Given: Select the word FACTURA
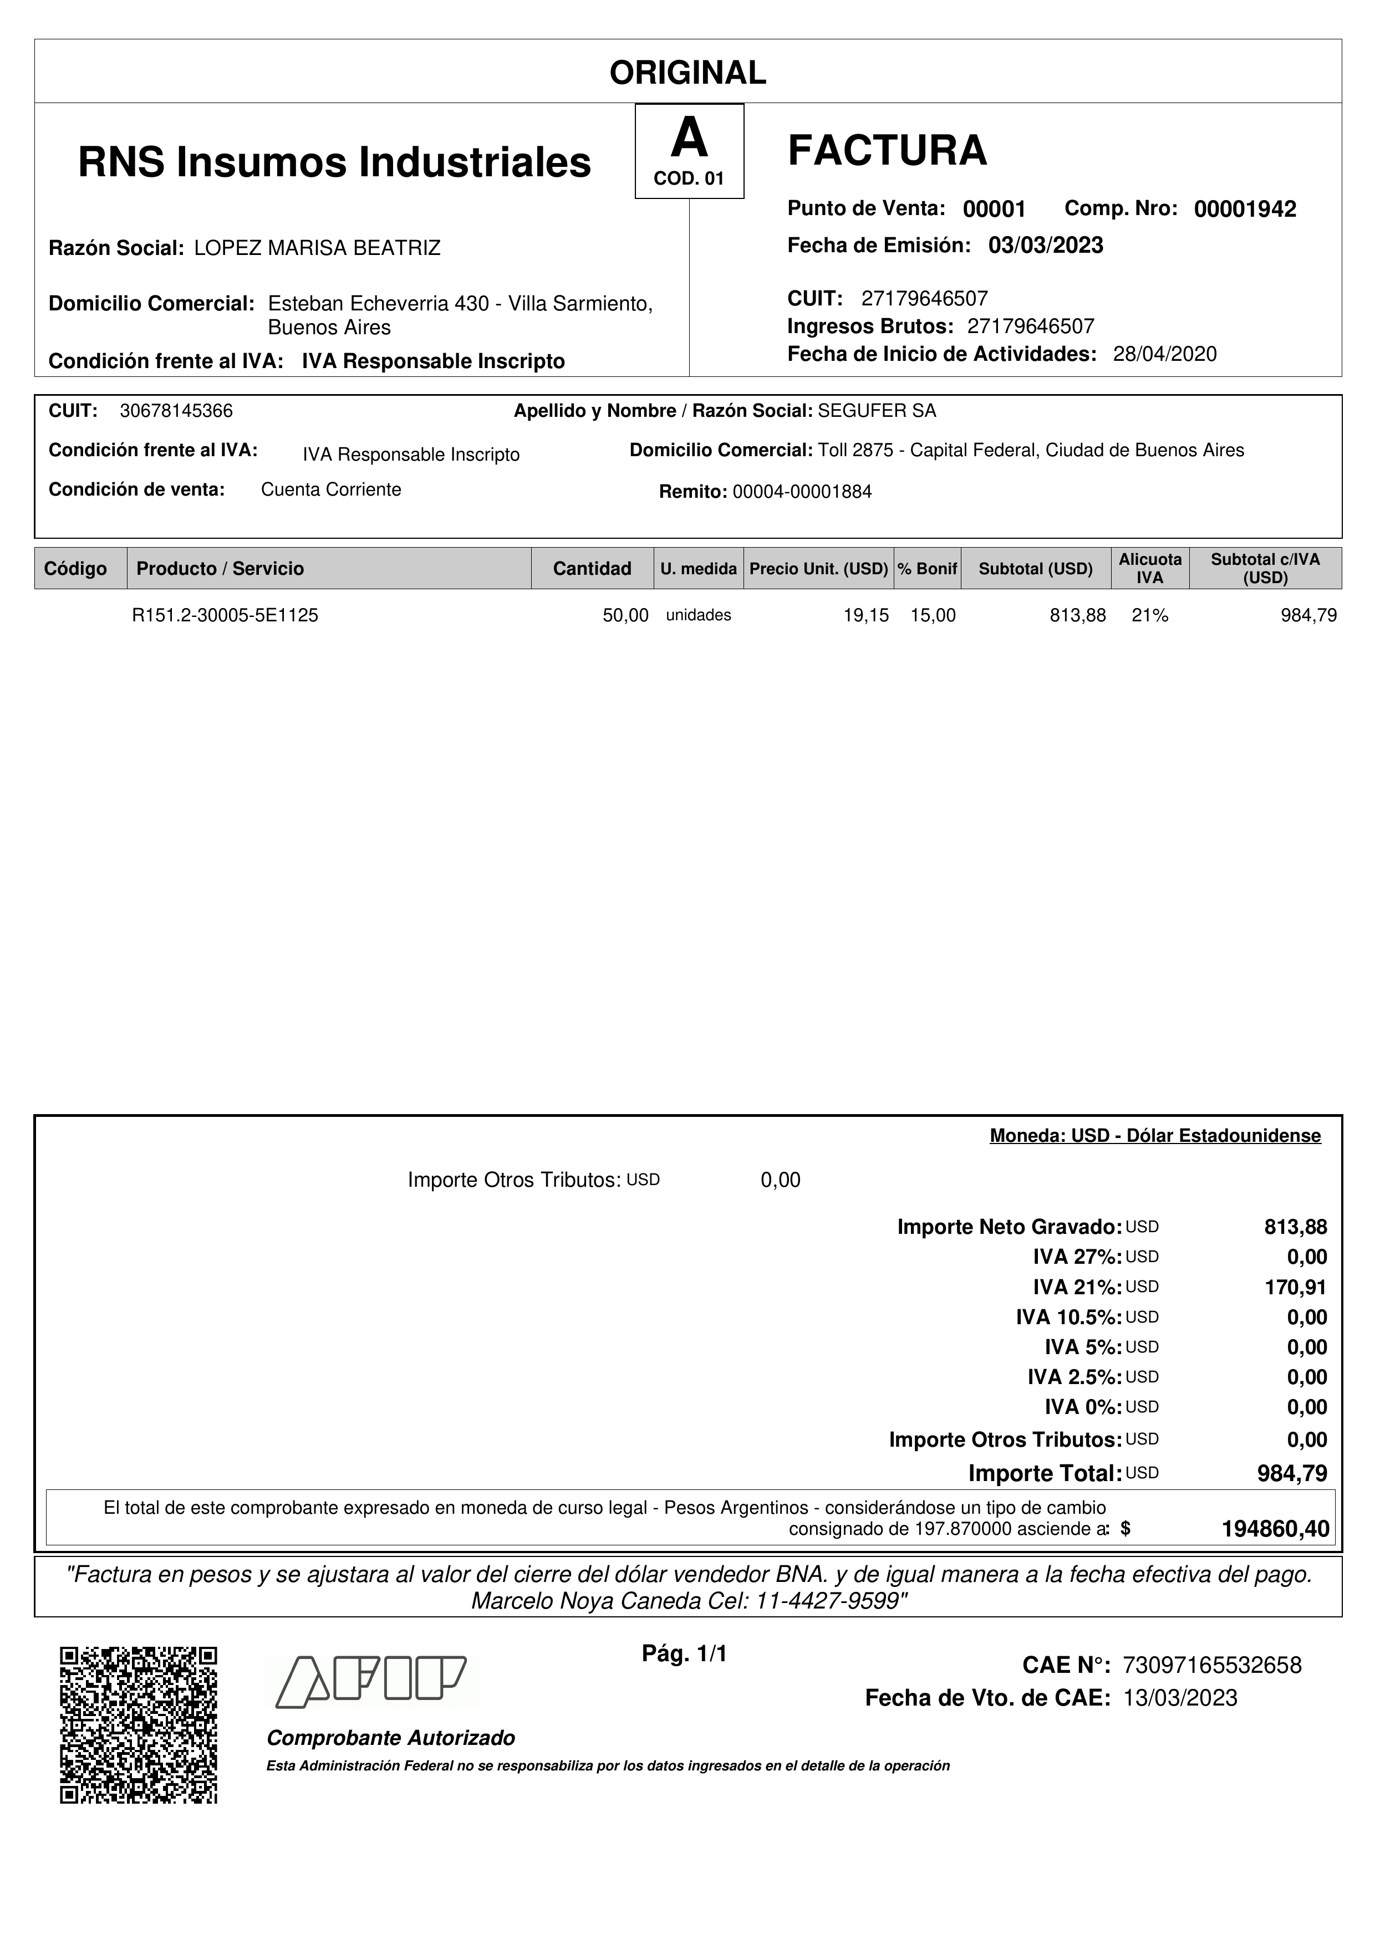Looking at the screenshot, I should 887,151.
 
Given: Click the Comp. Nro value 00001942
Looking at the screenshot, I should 1245,209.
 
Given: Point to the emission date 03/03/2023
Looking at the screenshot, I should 1046,246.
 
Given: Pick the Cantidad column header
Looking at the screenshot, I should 592,568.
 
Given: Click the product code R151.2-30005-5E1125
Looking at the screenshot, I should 225,616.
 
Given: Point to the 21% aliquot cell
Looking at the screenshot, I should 1150,616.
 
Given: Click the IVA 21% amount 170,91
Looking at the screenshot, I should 1295,1288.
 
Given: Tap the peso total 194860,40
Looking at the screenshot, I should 1275,1529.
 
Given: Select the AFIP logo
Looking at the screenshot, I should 371,1682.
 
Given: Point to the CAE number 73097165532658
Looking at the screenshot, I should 1211,1666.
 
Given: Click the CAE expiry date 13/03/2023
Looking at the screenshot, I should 1180,1698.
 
